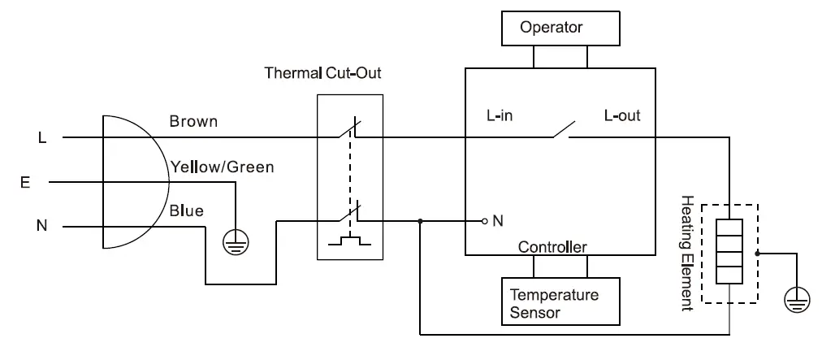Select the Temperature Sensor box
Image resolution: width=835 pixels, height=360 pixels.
point(560,302)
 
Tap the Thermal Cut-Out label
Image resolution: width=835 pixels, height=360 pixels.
point(322,73)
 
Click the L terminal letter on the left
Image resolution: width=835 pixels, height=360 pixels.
point(42,138)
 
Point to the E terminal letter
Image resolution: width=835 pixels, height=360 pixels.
point(26,183)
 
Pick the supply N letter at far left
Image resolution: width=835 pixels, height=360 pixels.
point(42,226)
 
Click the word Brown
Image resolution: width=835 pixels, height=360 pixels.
point(193,122)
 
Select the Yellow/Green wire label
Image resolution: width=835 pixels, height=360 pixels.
point(222,167)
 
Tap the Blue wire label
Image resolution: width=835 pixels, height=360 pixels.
point(187,211)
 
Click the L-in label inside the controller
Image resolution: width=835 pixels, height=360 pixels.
point(500,116)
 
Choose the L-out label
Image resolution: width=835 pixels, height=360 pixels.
point(622,116)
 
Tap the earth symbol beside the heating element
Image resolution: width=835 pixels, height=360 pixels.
point(797,299)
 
